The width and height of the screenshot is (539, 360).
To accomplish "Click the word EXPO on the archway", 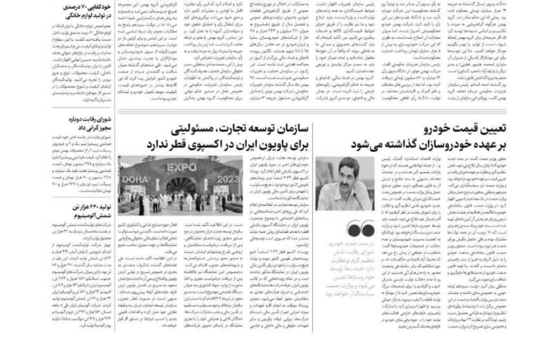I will pyautogui.click(x=181, y=168).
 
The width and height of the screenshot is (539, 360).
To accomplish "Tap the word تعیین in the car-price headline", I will pyautogui.click(x=492, y=130).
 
